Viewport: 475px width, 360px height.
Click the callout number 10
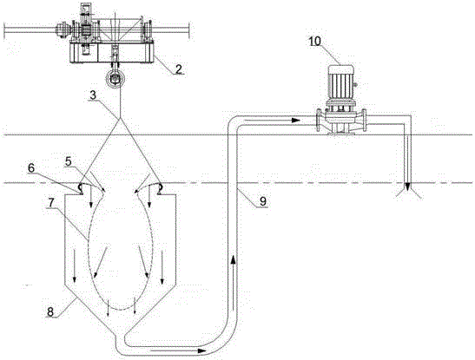(x=315, y=42)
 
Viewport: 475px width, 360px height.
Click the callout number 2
(x=179, y=69)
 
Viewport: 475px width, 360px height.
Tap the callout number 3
(x=93, y=95)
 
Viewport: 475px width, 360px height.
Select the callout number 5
(x=69, y=161)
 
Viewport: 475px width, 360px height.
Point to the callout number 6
(x=31, y=168)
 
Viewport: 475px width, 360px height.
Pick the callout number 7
(x=50, y=204)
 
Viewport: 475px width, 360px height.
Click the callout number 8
(x=50, y=311)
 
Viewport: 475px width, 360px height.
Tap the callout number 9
(x=263, y=201)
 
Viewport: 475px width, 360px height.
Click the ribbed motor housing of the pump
(x=341, y=82)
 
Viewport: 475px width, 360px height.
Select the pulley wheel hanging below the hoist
(x=115, y=79)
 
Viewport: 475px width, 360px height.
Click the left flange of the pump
(x=319, y=120)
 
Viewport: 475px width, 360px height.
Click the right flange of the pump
(x=364, y=120)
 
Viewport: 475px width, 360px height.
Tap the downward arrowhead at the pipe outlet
(x=408, y=187)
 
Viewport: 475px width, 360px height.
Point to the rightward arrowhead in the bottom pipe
(x=201, y=350)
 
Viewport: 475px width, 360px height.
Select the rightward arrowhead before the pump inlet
(x=295, y=120)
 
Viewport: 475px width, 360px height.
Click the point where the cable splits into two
(x=120, y=118)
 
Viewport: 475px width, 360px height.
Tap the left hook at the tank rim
(x=80, y=188)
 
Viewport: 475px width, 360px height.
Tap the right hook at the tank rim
(x=160, y=188)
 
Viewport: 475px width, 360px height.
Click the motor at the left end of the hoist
(x=63, y=29)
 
